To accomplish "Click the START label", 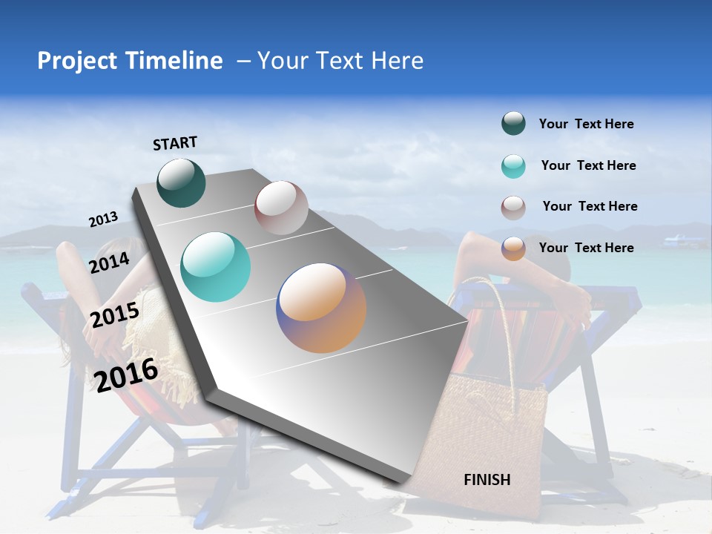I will tap(175, 142).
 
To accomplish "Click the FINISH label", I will tap(487, 479).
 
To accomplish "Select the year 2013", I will tap(103, 220).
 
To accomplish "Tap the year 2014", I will tap(109, 263).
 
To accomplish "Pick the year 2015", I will tap(114, 315).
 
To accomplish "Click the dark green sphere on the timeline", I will tap(181, 182).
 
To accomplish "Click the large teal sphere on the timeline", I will tap(216, 267).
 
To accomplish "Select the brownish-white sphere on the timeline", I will tap(281, 208).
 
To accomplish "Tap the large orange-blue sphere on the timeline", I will tap(321, 308).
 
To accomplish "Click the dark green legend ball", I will tap(513, 124).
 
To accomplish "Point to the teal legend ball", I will tap(513, 166).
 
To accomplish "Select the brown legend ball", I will tap(513, 208).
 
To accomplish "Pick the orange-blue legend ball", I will tap(513, 248).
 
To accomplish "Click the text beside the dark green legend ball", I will tap(586, 124).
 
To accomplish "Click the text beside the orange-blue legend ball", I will tap(586, 248).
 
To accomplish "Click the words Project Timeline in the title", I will tap(130, 61).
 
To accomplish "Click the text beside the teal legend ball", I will tap(588, 165).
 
